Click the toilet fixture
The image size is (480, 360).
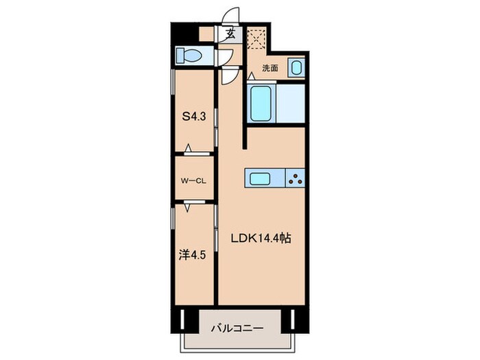coord(189,54)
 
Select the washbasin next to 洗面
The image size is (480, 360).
coord(296,68)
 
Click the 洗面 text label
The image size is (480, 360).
coord(269,69)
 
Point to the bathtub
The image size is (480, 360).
coord(261,104)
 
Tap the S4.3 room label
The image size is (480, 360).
coord(194,117)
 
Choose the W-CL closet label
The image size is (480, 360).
coord(194,181)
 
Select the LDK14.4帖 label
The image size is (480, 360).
coord(262,239)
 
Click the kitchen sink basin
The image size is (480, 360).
coord(262,180)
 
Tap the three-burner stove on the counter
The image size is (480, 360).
coord(297,180)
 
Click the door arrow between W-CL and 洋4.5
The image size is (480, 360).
coord(187,203)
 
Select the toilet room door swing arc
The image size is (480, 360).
coord(225,57)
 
